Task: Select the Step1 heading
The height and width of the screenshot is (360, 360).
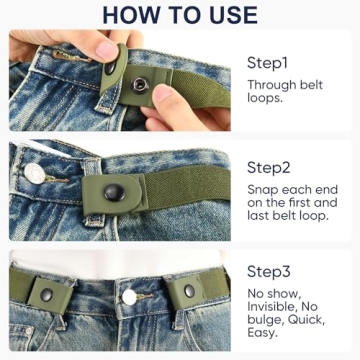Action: pyautogui.click(x=270, y=63)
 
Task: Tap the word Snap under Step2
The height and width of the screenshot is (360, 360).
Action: pyautogui.click(x=264, y=189)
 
